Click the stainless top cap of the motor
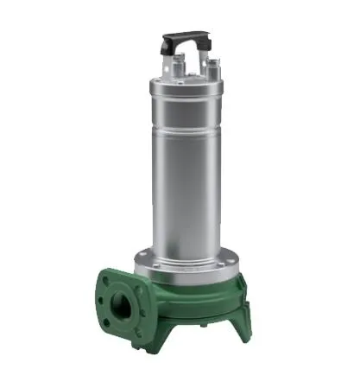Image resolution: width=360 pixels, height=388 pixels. tap(186, 86)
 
